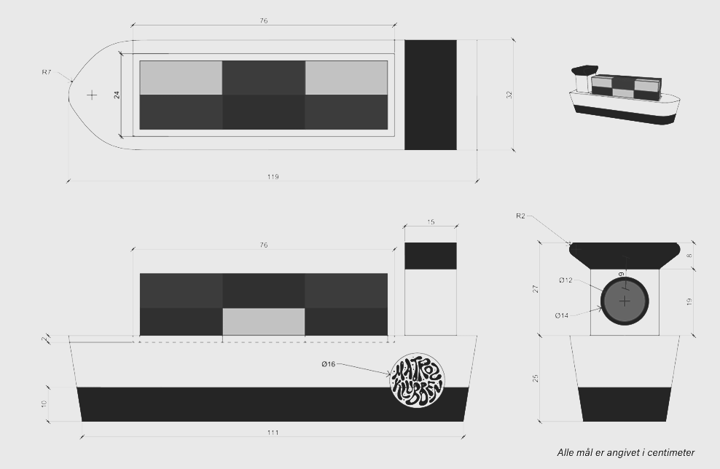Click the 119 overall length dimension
pos(273,177)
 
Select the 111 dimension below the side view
pos(273,433)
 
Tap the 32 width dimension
pos(509,95)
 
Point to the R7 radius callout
pos(47,72)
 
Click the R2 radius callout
pos(520,216)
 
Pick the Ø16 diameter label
pos(328,363)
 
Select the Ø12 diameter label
pos(566,280)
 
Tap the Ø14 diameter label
pos(561,315)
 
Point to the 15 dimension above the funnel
pos(431,222)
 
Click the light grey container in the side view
pos(263,321)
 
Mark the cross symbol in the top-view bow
pos(92,95)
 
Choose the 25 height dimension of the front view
pos(536,378)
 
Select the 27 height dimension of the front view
pos(536,289)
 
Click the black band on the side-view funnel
pos(431,256)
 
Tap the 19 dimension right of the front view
pos(689,302)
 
